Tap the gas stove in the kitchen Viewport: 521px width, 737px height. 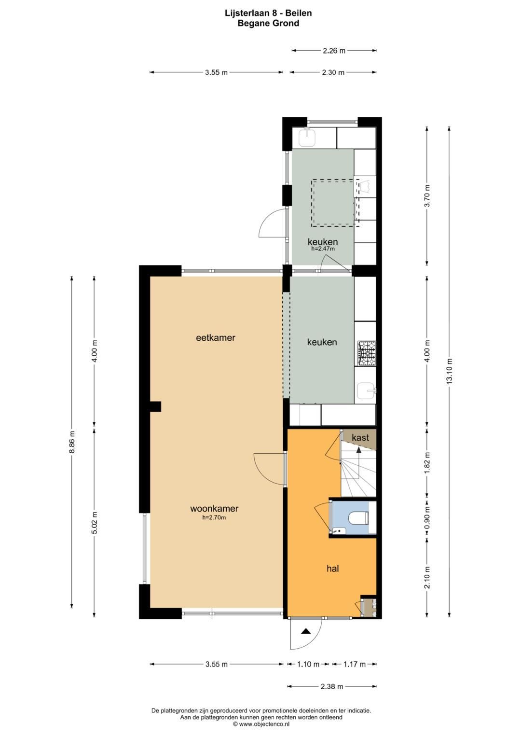point(367,353)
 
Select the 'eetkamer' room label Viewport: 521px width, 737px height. point(216,338)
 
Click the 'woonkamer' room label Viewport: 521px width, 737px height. point(214,509)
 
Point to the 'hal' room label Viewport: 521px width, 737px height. point(333,569)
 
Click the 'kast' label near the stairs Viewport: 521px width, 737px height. point(360,437)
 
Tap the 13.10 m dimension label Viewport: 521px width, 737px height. point(450,371)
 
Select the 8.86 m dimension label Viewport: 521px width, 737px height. point(72,442)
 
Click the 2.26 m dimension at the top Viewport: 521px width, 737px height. point(334,50)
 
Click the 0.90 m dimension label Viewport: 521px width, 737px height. point(427,517)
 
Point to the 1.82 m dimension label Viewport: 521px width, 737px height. point(427,463)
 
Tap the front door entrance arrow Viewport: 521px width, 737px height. point(306,631)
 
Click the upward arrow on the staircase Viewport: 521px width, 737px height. point(358,450)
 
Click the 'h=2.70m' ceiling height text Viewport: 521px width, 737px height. point(214,517)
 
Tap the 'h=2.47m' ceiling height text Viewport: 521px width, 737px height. point(323,249)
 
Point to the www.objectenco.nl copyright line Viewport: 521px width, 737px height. point(261,724)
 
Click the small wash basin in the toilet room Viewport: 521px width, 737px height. point(339,531)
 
